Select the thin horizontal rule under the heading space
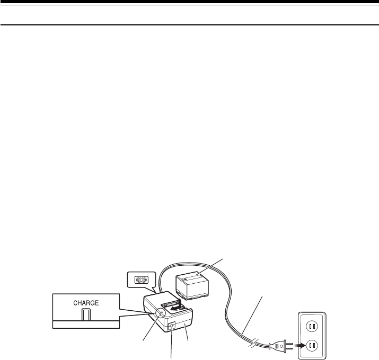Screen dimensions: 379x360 [189, 24]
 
